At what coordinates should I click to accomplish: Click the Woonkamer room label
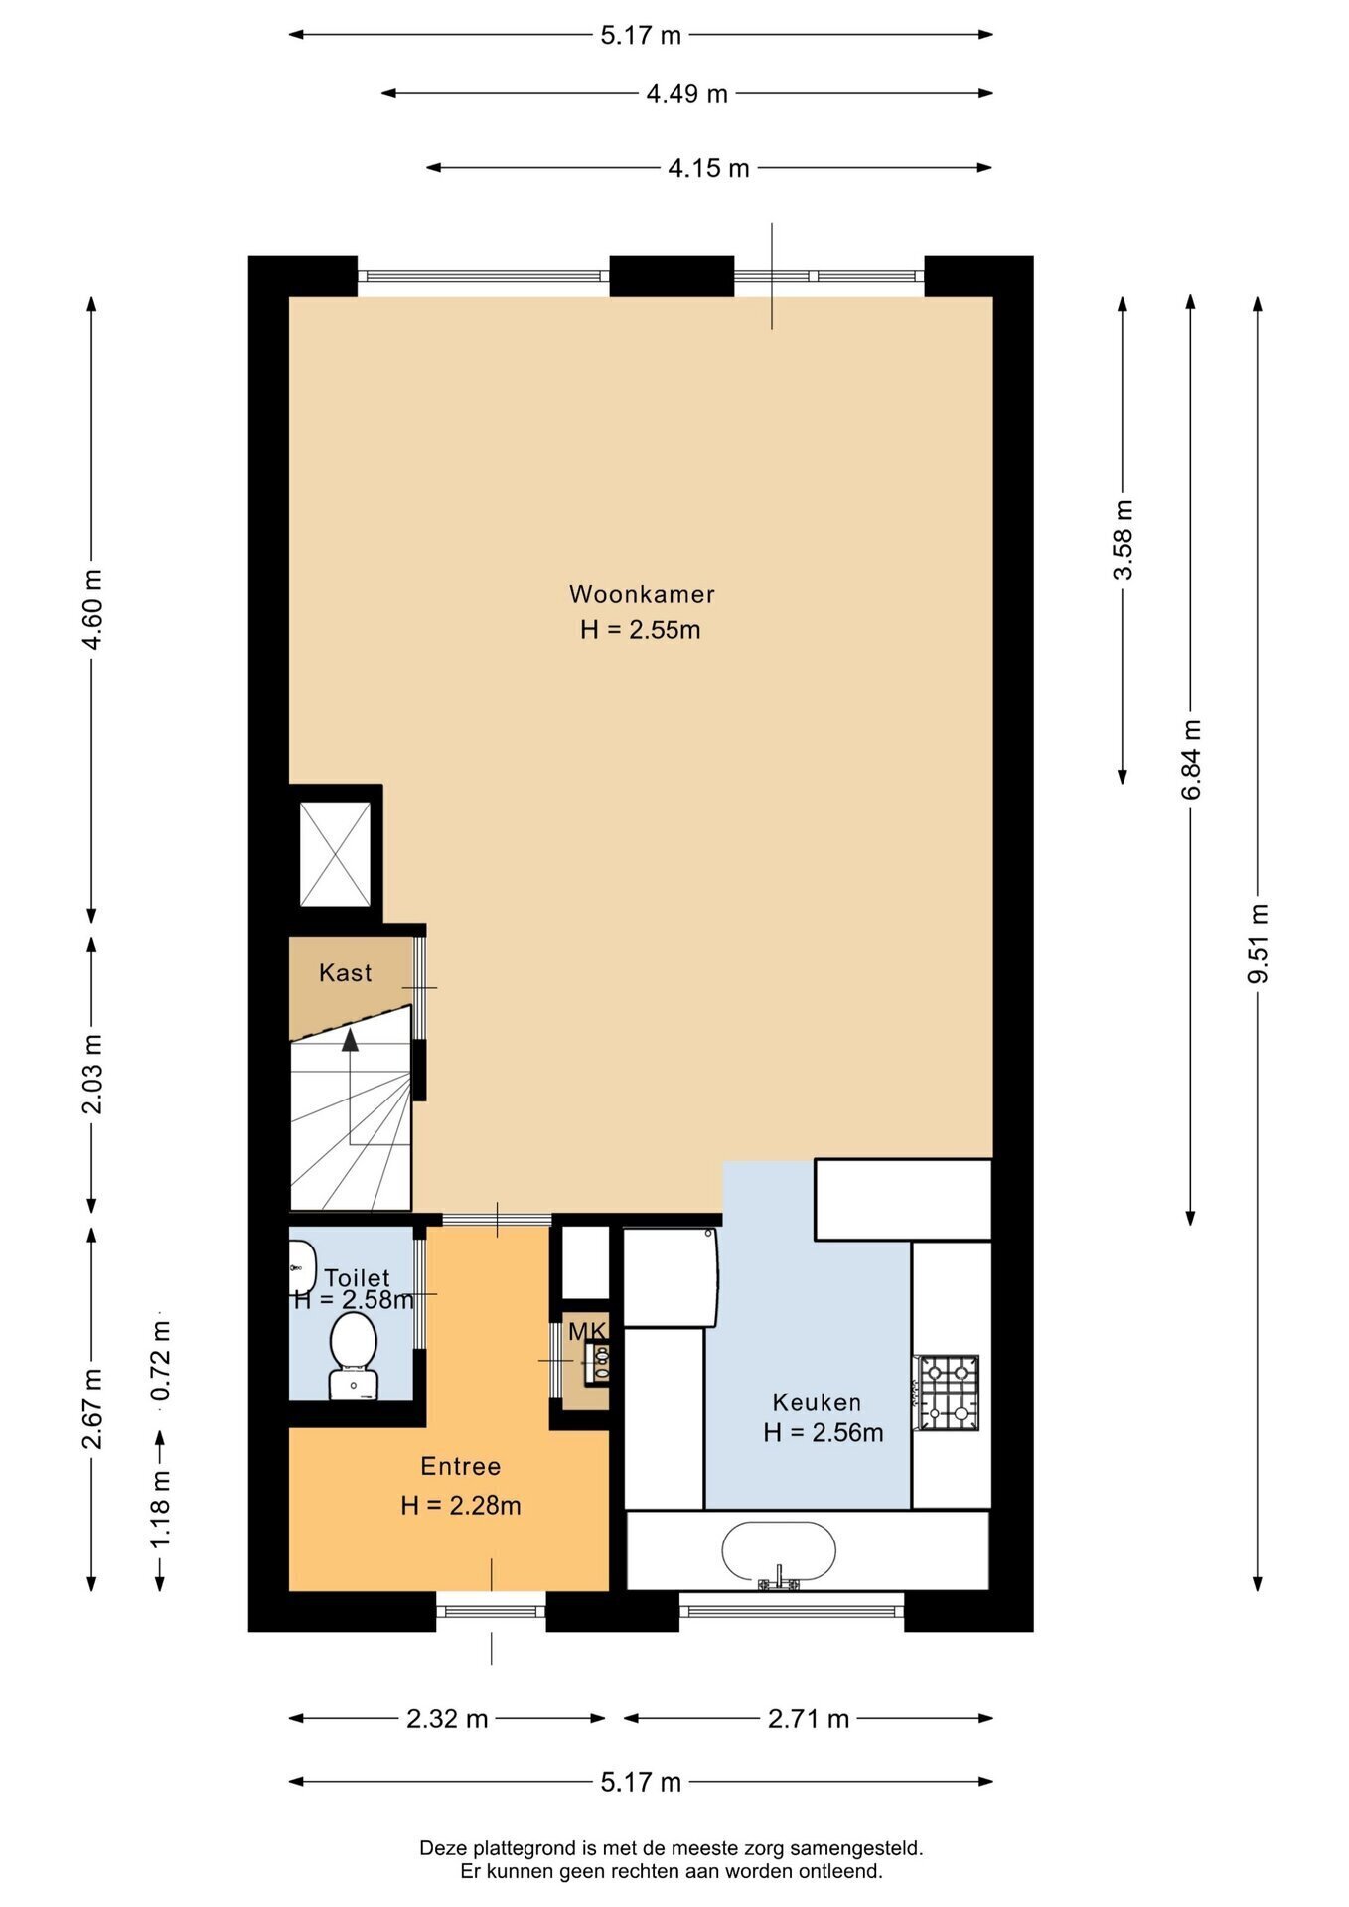pos(642,594)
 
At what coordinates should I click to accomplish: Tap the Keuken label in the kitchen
pos(817,1402)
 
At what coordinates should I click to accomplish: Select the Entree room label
pos(460,1466)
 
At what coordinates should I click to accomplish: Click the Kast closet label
pos(345,972)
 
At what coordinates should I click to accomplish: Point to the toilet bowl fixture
pos(353,1355)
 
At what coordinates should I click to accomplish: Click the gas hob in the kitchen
pos(948,1393)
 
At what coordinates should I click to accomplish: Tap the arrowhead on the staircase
pos(350,1039)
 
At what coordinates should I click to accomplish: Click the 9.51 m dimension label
pos(1258,943)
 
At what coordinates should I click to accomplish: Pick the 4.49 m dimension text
pos(686,94)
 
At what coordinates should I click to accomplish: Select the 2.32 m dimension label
pos(447,1719)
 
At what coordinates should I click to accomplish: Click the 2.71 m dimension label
pos(809,1719)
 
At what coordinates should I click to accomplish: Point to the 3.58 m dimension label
pos(1123,539)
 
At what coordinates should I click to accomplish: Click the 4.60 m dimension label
pos(92,609)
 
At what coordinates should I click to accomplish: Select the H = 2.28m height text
pos(461,1505)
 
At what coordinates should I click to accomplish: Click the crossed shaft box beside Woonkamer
pos(335,854)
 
